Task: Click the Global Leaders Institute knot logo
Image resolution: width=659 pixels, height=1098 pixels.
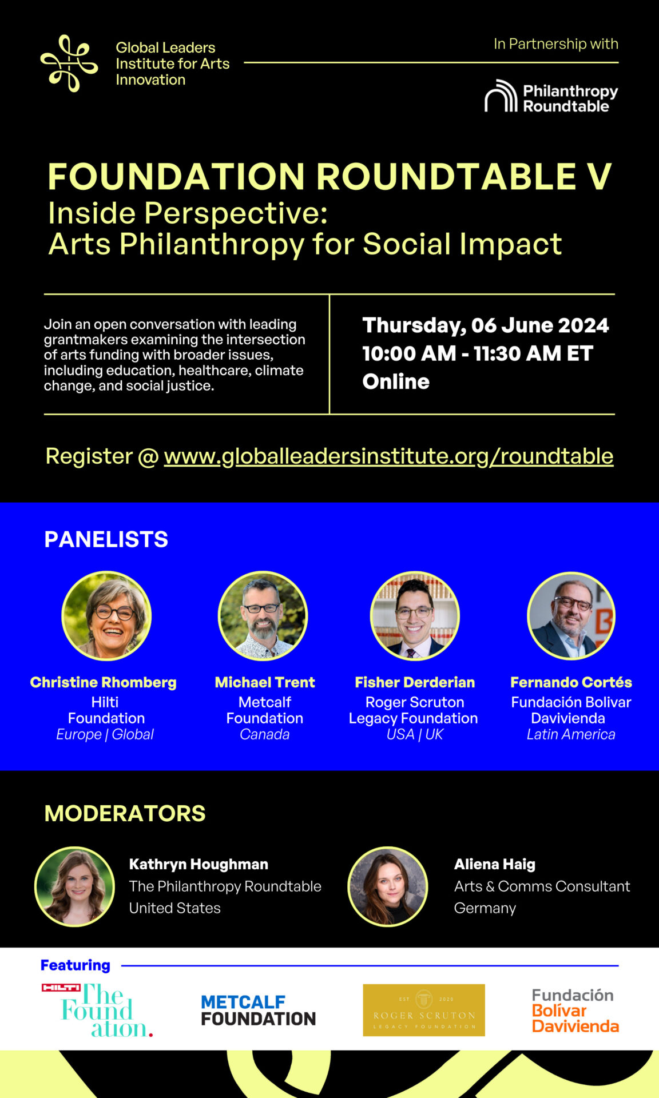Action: [69, 63]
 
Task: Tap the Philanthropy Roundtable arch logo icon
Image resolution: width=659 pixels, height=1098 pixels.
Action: [501, 96]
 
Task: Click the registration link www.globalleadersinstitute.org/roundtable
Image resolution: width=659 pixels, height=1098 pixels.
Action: [388, 456]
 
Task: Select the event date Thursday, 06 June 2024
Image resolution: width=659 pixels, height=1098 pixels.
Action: [485, 325]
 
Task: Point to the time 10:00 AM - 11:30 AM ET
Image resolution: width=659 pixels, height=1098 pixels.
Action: [477, 353]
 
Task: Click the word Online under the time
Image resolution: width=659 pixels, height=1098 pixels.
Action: [396, 381]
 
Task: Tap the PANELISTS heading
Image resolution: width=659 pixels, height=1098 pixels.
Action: [106, 539]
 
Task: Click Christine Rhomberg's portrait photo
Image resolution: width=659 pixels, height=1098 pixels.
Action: [106, 616]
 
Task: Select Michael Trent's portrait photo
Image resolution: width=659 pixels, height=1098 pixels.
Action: [263, 616]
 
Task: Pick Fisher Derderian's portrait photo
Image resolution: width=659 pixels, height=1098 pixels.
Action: [415, 616]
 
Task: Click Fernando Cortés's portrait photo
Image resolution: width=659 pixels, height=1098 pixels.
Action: [571, 616]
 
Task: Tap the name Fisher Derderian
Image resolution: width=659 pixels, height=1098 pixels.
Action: [415, 682]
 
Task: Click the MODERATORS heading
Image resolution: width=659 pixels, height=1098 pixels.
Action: [125, 813]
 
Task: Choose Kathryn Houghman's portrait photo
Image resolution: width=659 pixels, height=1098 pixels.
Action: [75, 886]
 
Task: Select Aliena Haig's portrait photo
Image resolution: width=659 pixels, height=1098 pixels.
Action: [388, 886]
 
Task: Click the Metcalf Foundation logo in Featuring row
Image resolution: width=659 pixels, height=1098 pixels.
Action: [258, 1011]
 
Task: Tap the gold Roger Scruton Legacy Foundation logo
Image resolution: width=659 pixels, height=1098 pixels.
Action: [424, 1010]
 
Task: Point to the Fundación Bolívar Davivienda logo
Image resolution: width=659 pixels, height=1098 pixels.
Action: [575, 1011]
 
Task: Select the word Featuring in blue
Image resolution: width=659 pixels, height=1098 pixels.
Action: [75, 965]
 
